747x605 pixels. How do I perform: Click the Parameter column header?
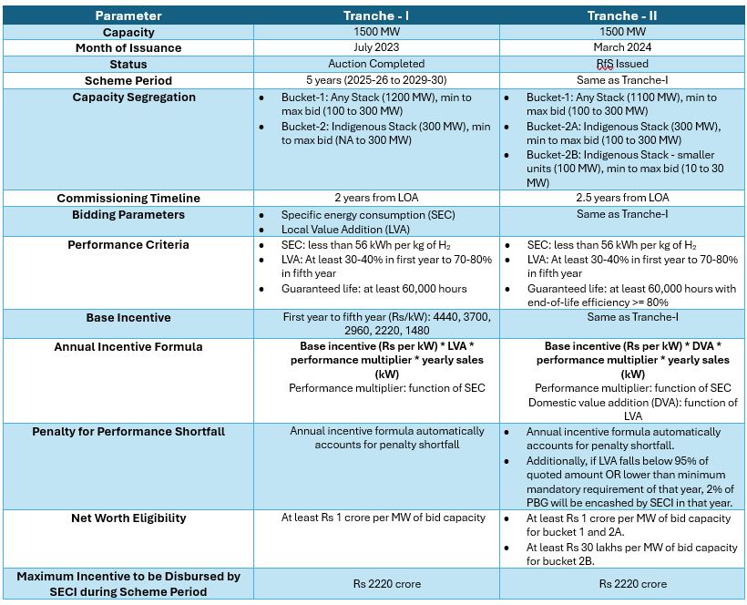(128, 15)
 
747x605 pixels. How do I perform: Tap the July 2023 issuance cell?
(376, 47)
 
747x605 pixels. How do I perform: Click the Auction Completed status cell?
(376, 64)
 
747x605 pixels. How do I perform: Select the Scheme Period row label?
(128, 80)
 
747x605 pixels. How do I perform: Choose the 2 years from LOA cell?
(376, 198)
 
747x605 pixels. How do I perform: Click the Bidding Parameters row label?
(128, 214)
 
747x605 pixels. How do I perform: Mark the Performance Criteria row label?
(128, 245)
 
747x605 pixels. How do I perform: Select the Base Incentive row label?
(128, 317)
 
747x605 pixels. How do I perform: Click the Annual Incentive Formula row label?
(128, 347)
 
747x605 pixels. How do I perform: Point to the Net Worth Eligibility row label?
(128, 518)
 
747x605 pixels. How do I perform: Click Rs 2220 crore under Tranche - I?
(376, 584)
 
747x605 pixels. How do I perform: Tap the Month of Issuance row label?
(128, 47)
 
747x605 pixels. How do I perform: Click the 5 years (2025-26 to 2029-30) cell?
(376, 80)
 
